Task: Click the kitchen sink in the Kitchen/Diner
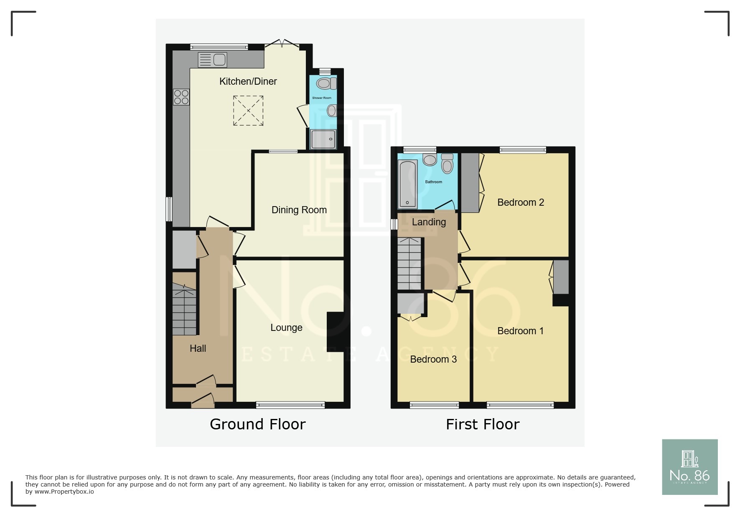212,60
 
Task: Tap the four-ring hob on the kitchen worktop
181,97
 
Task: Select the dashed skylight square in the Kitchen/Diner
248,111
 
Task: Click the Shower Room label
321,98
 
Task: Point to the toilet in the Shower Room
326,83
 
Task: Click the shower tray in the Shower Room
323,139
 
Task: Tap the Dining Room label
299,210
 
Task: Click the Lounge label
286,328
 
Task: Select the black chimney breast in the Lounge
335,332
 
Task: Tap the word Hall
198,348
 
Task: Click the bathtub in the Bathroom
407,184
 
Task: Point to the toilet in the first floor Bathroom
447,164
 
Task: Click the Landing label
429,222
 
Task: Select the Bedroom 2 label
520,202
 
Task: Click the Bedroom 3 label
433,359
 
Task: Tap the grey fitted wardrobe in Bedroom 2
470,183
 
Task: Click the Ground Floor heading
257,424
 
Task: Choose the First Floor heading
482,424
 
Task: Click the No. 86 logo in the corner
689,467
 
